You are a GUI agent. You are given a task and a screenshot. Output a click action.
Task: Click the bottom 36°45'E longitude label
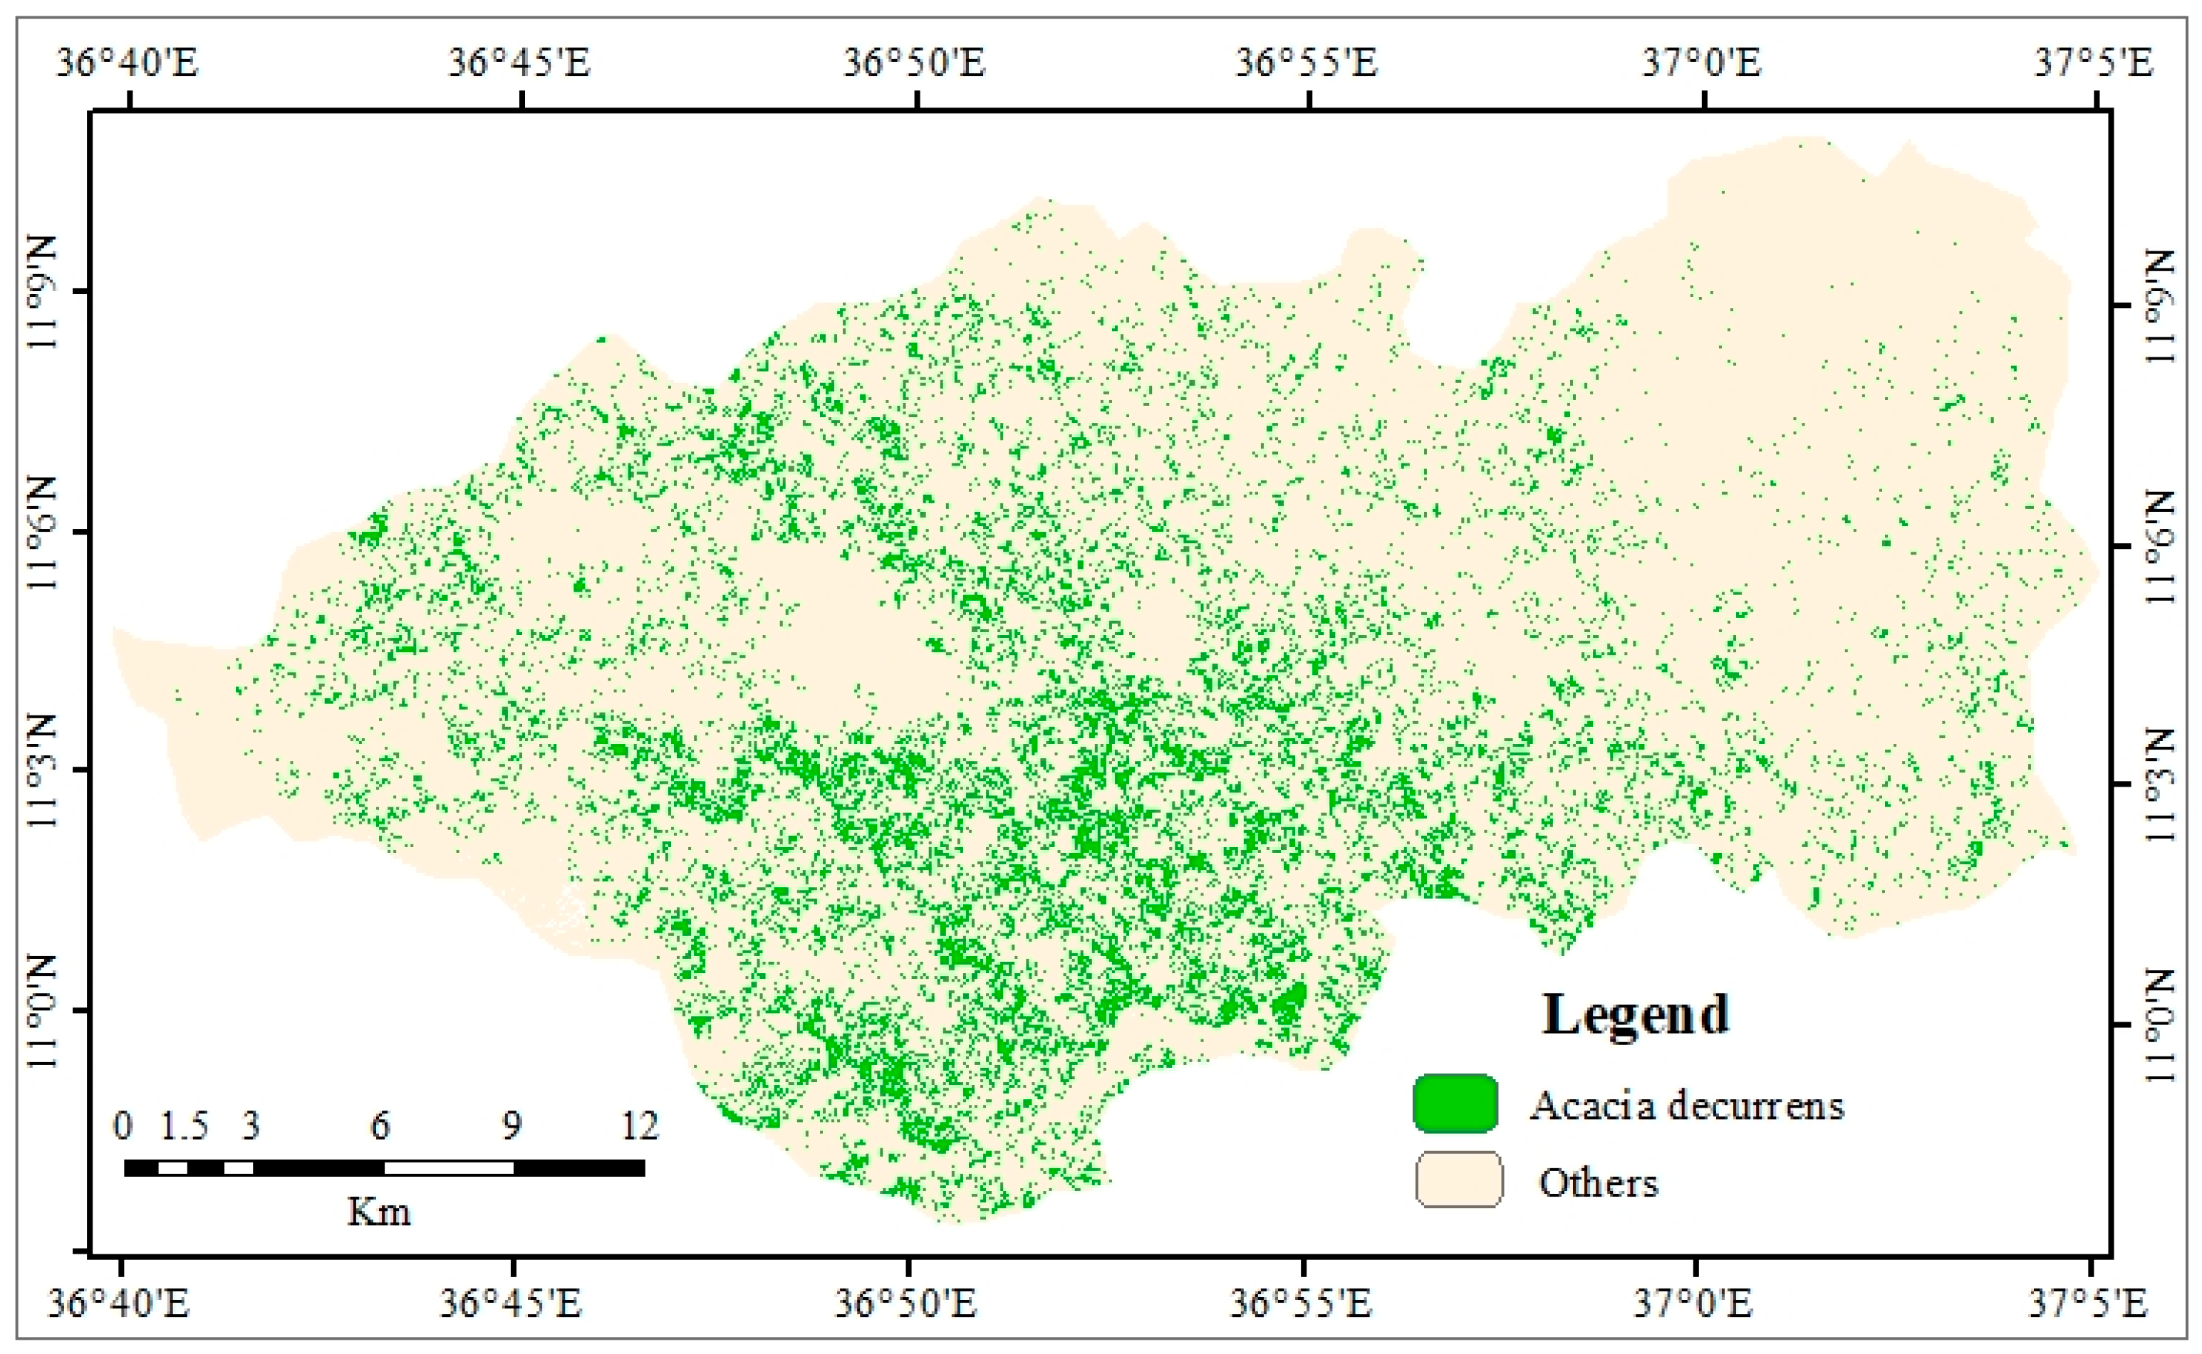click(510, 1302)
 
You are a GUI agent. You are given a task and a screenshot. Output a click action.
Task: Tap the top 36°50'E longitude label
click(914, 63)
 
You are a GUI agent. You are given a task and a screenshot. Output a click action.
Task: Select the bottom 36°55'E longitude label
click(1300, 1302)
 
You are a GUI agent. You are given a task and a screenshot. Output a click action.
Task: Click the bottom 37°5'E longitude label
click(2087, 1302)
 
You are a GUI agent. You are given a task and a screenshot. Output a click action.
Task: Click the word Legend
click(1635, 1014)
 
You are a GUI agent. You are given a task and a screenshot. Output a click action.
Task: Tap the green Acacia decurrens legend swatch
click(1455, 1103)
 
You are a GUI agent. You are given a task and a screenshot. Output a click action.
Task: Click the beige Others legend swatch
click(1458, 1180)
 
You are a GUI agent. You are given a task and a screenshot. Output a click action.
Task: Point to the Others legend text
click(1598, 1183)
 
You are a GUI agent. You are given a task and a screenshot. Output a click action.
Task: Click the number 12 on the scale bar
click(640, 1125)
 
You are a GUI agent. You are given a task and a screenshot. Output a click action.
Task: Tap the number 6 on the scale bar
click(380, 1125)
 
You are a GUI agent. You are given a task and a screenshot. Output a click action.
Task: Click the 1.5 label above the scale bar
click(185, 1125)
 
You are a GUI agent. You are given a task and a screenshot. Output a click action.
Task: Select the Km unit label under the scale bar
click(379, 1212)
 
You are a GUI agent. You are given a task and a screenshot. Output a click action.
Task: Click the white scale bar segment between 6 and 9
click(448, 1167)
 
